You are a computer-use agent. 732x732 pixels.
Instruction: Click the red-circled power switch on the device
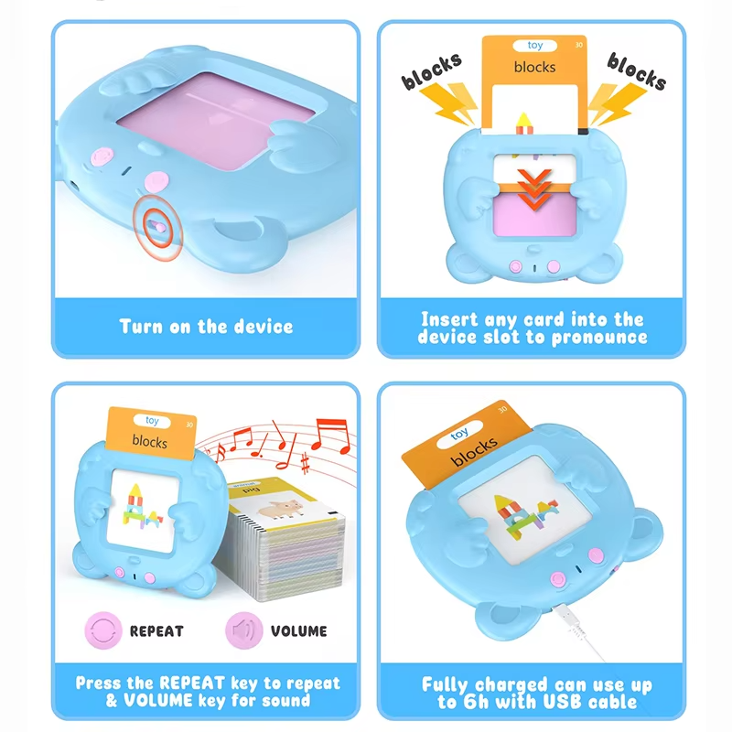tap(157, 227)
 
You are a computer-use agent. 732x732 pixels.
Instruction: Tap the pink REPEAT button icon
tap(103, 630)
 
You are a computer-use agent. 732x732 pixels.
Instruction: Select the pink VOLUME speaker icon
tap(243, 630)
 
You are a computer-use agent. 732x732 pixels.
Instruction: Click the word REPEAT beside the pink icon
tap(156, 631)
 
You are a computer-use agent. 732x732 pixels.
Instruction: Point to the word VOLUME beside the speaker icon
tap(299, 631)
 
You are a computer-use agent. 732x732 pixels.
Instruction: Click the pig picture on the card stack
tap(281, 508)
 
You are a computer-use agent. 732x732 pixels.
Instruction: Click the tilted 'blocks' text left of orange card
tap(431, 70)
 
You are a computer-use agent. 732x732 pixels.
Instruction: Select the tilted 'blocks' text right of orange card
tap(636, 70)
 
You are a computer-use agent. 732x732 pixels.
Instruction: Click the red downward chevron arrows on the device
tap(534, 188)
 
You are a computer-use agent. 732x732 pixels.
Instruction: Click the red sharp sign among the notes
tap(306, 463)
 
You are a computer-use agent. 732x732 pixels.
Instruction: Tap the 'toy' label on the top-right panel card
tap(535, 45)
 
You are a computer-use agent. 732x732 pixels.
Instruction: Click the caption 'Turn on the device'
tap(206, 327)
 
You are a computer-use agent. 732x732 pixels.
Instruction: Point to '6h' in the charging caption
tap(474, 702)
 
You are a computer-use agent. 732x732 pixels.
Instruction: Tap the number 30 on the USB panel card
tap(502, 409)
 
